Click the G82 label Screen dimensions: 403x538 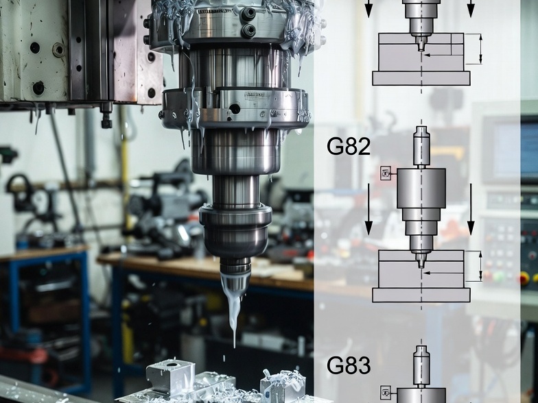pos(349,147)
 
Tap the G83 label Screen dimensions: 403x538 pos(349,365)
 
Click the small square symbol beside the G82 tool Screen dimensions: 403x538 pos(386,174)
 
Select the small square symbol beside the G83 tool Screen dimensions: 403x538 pos(386,393)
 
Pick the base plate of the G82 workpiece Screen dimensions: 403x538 pos(421,295)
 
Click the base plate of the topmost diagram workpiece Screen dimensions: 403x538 pos(421,77)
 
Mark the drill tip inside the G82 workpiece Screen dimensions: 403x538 pos(421,262)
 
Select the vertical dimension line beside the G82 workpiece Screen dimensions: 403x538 pos(480,265)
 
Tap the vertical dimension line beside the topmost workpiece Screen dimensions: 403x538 pos(480,49)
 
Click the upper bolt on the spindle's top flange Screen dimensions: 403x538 pos(248,13)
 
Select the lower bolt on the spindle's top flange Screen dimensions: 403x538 pos(248,31)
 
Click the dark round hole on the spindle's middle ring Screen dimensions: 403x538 pos(235,109)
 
